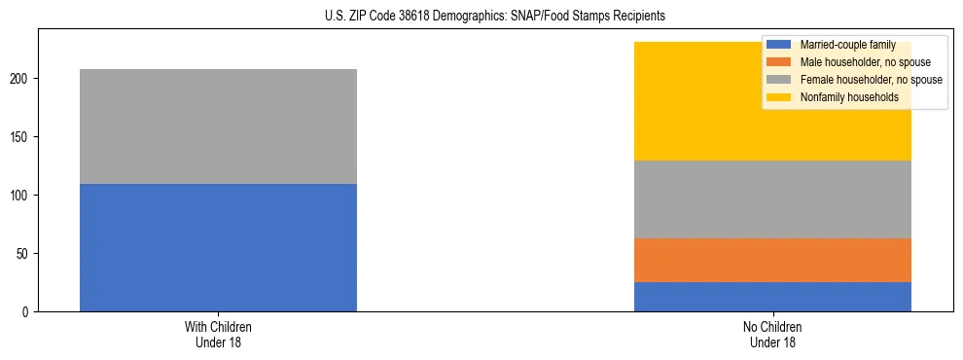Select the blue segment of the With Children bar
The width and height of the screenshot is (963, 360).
[218, 247]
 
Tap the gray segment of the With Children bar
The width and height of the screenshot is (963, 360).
[218, 126]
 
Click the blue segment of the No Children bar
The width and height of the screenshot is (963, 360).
[772, 297]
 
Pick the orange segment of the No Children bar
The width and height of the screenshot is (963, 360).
[772, 260]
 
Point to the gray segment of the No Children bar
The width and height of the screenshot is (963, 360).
[772, 199]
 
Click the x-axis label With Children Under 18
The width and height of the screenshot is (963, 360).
[218, 334]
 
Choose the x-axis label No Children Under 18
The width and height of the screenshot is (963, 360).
[772, 334]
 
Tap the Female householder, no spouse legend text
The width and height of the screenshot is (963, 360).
[870, 80]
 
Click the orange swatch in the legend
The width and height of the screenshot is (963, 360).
[779, 62]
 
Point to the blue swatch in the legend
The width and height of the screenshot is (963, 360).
[779, 45]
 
